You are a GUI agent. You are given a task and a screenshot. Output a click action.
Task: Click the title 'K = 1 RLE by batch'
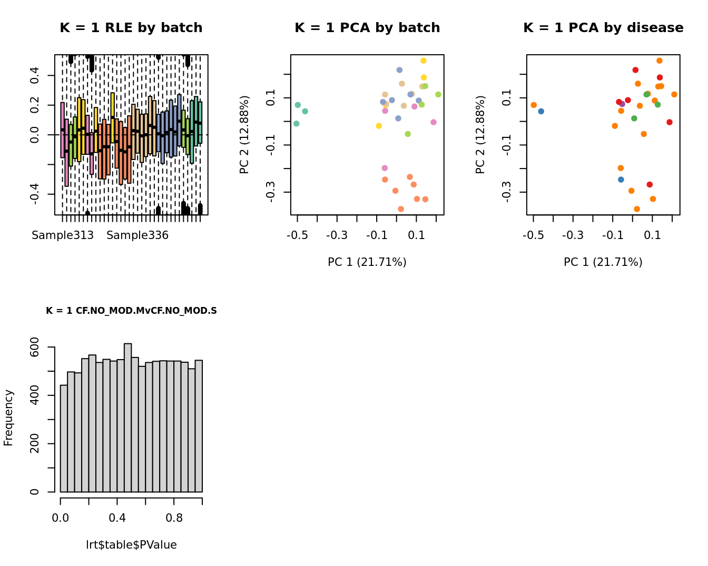click(x=131, y=28)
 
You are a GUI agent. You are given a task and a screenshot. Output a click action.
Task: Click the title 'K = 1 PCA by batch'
click(x=367, y=28)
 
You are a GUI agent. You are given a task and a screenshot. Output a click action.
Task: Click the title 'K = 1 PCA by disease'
click(x=603, y=28)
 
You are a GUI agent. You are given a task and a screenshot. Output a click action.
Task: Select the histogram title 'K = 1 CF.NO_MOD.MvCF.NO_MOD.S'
click(x=131, y=311)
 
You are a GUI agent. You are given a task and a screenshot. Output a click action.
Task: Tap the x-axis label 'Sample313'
click(x=63, y=235)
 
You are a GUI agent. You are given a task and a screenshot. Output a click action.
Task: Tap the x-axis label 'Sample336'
click(x=137, y=235)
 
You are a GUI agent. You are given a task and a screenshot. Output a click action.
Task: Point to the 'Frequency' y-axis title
click(x=8, y=418)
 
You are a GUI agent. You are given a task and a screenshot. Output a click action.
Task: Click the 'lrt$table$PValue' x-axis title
click(x=131, y=545)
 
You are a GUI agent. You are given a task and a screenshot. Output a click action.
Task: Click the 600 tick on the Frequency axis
click(x=35, y=347)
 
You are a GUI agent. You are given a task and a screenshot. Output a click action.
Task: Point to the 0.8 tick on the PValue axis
click(x=174, y=518)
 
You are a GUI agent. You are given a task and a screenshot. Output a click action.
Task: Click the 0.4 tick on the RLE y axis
click(x=35, y=75)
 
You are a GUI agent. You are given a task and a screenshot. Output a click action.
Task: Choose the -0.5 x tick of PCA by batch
click(x=297, y=235)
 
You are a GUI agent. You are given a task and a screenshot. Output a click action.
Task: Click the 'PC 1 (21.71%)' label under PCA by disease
click(x=603, y=262)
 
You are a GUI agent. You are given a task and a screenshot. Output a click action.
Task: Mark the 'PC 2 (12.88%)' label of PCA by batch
click(x=244, y=135)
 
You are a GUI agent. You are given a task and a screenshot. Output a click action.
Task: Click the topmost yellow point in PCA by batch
click(x=424, y=61)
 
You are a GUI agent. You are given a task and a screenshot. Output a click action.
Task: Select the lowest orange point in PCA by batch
click(x=401, y=209)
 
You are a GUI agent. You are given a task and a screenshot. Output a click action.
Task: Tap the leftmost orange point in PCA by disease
click(x=534, y=105)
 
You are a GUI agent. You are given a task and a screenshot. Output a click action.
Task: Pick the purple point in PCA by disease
click(x=622, y=104)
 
